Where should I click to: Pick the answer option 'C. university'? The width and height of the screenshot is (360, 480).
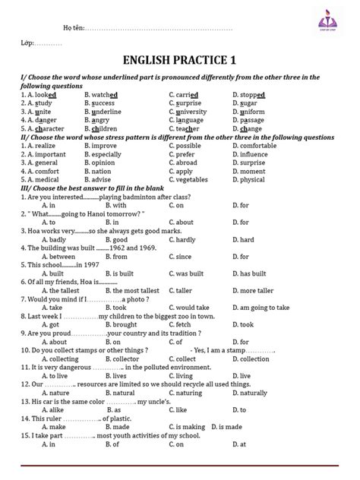pyautogui.click(x=190, y=112)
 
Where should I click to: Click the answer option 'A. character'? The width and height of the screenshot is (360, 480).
pyautogui.click(x=44, y=129)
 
